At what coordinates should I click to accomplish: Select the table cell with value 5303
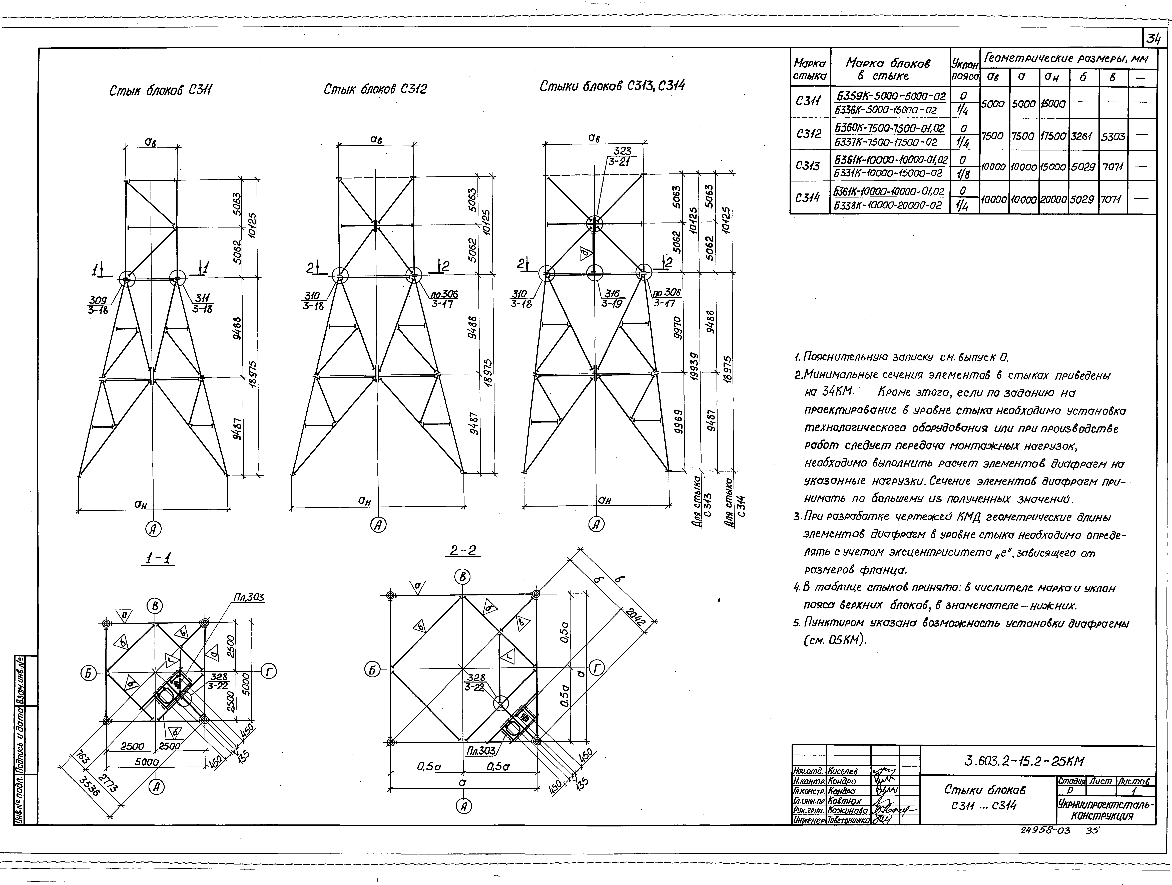coord(1113,136)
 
